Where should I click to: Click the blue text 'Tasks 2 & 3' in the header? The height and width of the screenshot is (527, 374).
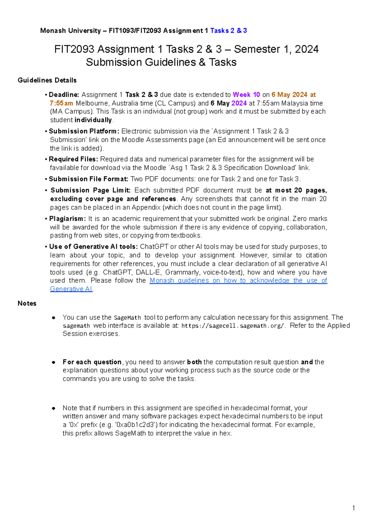(x=228, y=30)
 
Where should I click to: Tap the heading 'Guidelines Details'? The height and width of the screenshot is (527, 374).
(x=47, y=80)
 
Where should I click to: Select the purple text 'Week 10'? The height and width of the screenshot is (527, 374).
(x=246, y=95)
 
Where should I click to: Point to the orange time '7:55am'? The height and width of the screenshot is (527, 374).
(x=61, y=103)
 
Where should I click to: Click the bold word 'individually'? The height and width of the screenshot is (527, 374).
(x=93, y=120)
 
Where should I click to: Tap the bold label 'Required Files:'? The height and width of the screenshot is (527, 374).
(x=74, y=159)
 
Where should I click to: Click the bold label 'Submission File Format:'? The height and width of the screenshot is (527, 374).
(x=89, y=179)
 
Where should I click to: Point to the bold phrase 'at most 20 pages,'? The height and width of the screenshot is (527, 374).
(x=296, y=190)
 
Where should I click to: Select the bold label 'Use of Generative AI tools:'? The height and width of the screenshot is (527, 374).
(x=93, y=247)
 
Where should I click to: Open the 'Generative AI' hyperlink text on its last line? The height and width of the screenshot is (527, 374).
(x=71, y=289)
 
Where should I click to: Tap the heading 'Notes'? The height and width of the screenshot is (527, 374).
(x=27, y=303)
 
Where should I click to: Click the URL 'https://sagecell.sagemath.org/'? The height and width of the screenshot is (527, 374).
(x=233, y=326)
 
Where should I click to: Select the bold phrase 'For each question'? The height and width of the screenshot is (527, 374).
(x=92, y=362)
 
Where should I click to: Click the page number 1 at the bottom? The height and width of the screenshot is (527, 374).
(x=353, y=508)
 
